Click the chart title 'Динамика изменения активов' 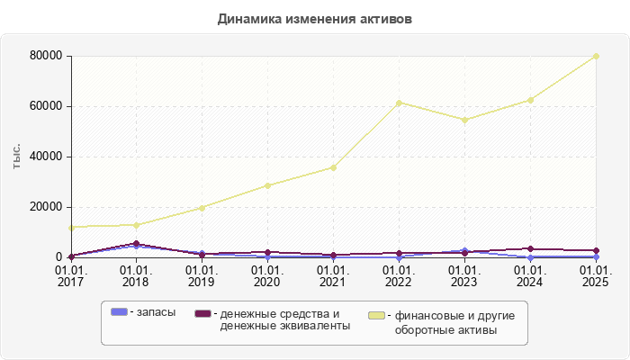coord(314,19)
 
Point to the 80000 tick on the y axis coord(45,56)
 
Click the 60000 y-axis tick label coord(45,106)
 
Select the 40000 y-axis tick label coord(45,157)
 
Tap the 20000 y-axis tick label coord(45,207)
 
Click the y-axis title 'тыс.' coord(17,157)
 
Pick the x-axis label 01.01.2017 coord(70,275)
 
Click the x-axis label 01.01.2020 coord(267,275)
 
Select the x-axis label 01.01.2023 coord(464,275)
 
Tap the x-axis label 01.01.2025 coord(596,275)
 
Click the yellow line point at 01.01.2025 coord(596,56)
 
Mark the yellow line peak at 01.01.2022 coord(399,103)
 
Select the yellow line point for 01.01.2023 coord(464,120)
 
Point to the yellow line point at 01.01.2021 coord(333,167)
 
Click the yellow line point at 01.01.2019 coord(202,208)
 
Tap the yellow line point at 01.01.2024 coord(530,100)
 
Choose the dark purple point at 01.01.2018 coord(136,243)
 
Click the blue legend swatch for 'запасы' coord(118,311)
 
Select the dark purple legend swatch coord(202,312)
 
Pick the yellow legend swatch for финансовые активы coord(377,315)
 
